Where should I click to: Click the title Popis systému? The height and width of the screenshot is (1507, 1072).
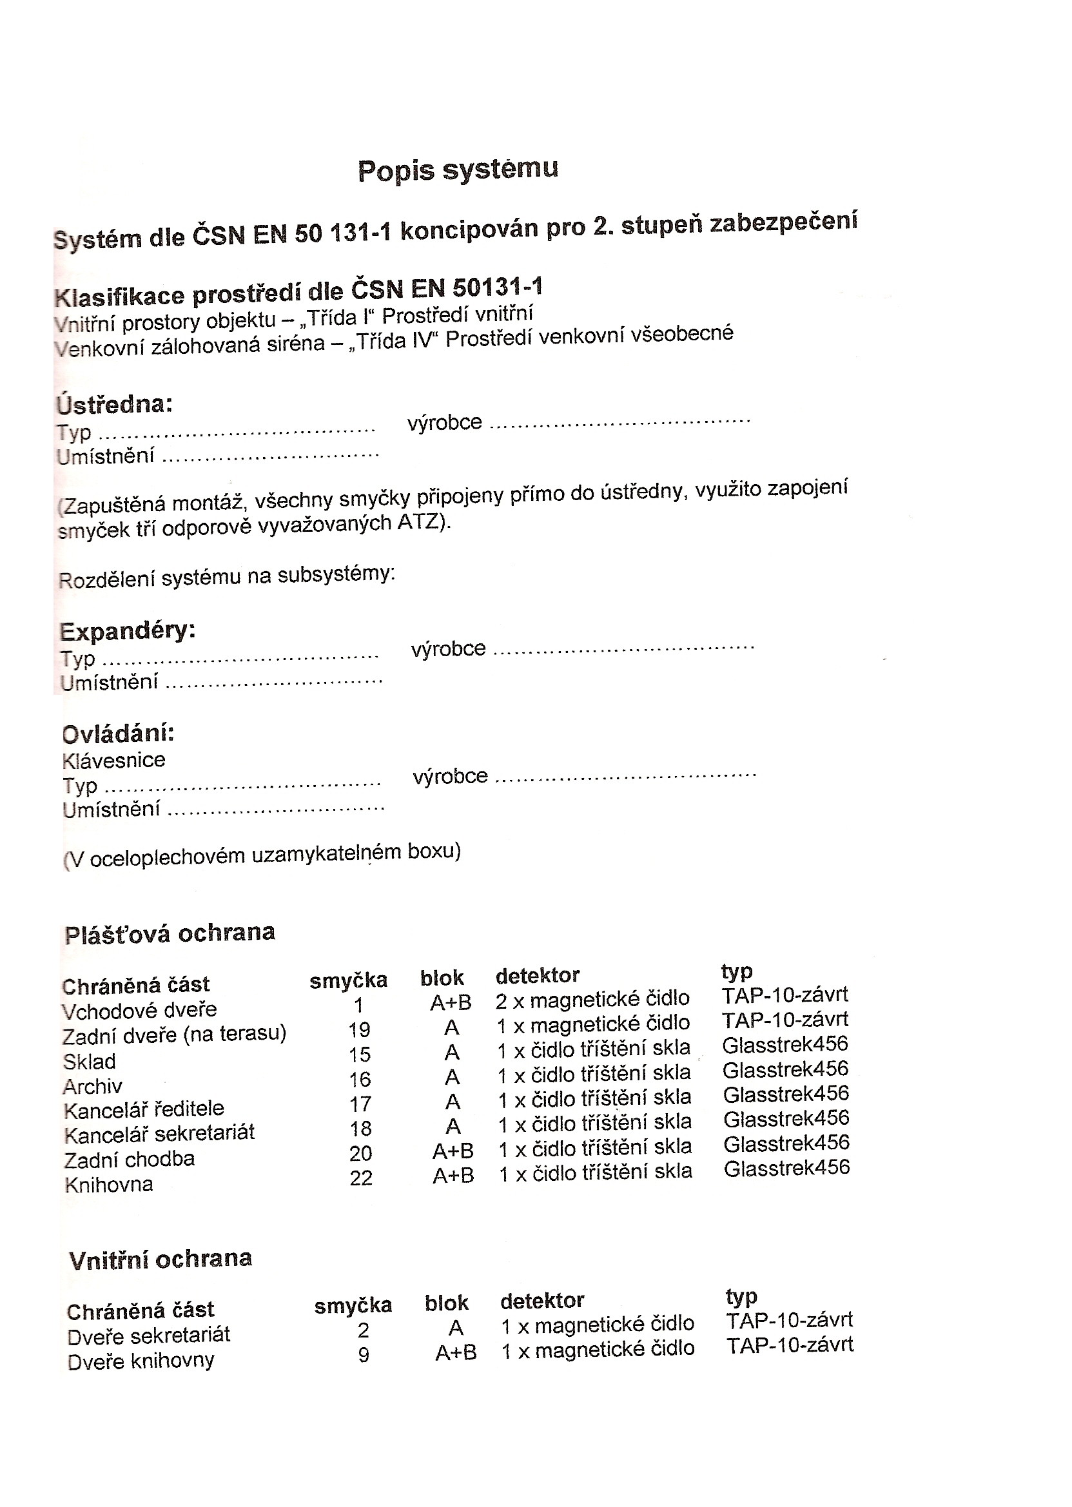(x=458, y=170)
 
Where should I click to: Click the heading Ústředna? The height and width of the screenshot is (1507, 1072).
(x=115, y=404)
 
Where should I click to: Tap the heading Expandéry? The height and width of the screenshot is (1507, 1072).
(x=128, y=631)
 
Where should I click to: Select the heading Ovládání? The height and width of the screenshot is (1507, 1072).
(x=118, y=734)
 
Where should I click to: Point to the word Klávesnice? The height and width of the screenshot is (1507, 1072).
(x=113, y=761)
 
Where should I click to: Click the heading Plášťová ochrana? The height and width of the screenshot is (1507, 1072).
(x=170, y=933)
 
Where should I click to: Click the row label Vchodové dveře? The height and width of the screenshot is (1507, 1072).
(x=139, y=1010)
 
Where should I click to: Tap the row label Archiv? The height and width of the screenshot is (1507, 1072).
(x=92, y=1086)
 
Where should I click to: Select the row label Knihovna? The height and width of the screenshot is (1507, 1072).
(x=109, y=1185)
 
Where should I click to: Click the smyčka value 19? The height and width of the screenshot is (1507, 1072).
(x=360, y=1030)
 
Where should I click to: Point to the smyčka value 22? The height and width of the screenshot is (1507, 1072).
(x=361, y=1178)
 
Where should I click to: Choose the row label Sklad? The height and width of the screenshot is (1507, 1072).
(x=89, y=1062)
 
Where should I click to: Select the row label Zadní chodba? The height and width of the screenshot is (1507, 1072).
(x=130, y=1160)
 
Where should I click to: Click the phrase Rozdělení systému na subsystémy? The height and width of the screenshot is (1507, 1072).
(x=226, y=577)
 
